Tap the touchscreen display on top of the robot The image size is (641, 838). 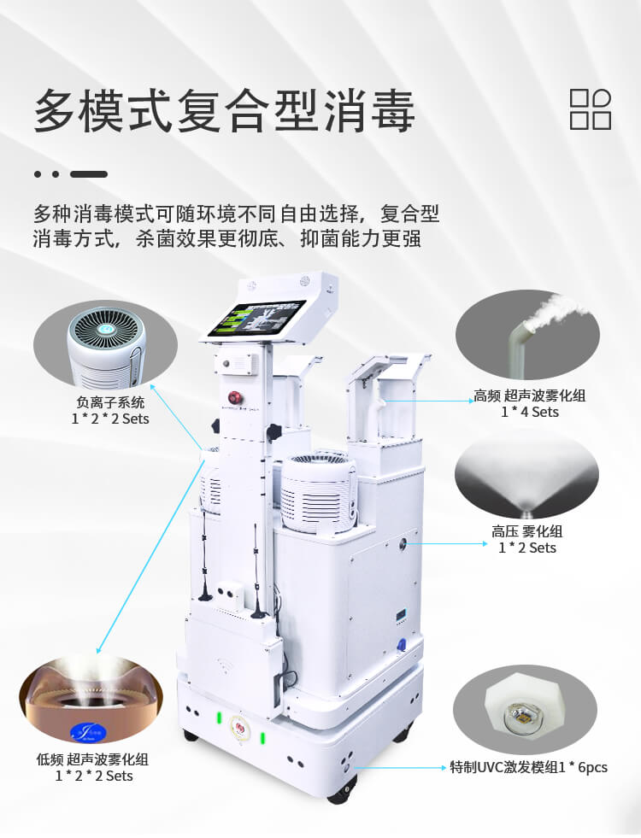[256, 319]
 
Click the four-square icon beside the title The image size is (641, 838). [591, 109]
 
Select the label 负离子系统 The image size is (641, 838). [110, 402]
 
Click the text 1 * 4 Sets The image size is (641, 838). [529, 412]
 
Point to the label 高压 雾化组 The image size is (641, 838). [527, 531]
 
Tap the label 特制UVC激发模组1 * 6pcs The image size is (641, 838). [528, 767]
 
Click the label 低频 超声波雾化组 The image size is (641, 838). [92, 759]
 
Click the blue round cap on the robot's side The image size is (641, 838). [403, 644]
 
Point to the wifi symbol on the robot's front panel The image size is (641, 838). [225, 665]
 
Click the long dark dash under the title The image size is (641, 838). [89, 174]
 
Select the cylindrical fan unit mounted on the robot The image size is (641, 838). [319, 493]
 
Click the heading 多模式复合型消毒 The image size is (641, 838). [225, 111]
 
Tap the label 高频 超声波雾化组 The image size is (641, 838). [529, 396]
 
